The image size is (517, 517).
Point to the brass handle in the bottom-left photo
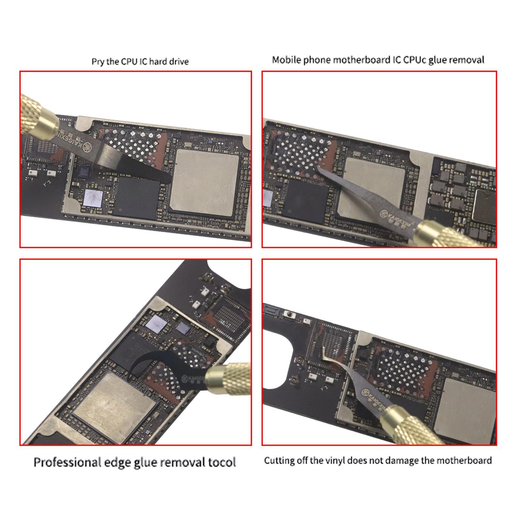[x=228, y=378]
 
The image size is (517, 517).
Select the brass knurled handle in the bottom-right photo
[x=410, y=427]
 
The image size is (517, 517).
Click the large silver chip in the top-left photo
[x=204, y=183]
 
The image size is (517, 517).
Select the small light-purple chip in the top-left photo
[x=93, y=197]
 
